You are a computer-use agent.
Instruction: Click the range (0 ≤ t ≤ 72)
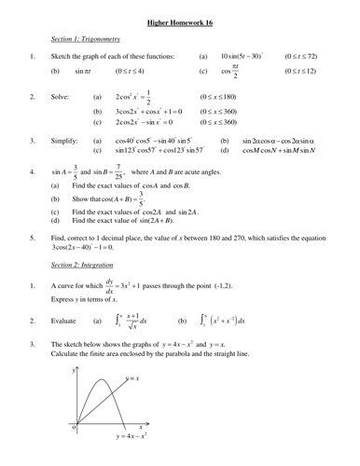(x=317, y=56)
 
